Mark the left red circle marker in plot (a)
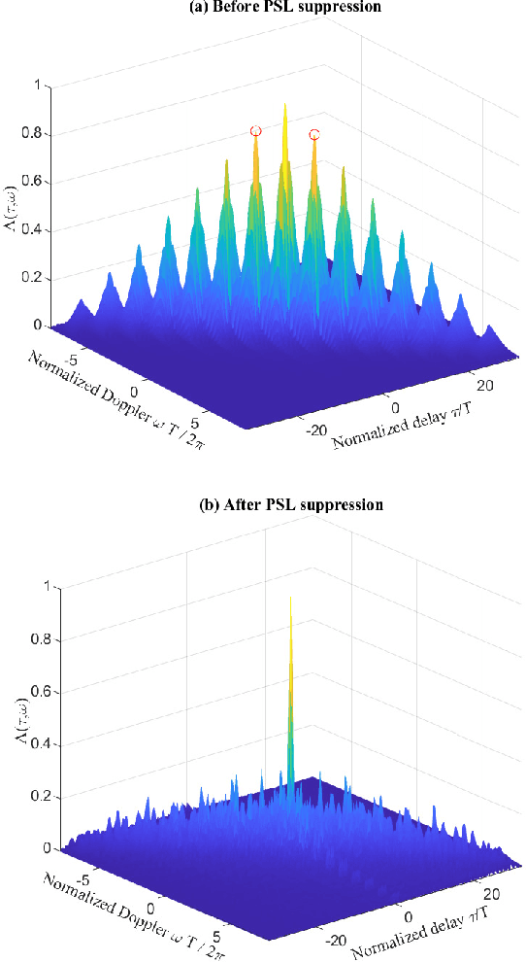click(x=255, y=130)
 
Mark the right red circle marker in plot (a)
click(x=313, y=134)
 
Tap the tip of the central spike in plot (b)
click(x=290, y=596)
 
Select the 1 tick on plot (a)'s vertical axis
click(x=41, y=86)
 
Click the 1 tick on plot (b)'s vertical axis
click(x=41, y=587)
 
